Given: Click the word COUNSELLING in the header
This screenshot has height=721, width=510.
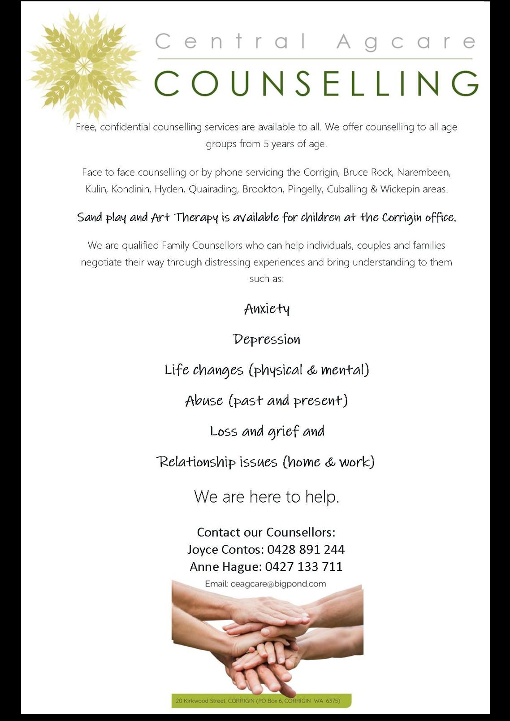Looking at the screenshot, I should coord(316,83).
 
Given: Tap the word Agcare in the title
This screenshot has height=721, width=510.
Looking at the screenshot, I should coord(406,42).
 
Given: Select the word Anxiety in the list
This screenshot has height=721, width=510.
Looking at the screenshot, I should coord(267,309).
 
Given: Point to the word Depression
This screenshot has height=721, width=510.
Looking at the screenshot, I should coord(267,339).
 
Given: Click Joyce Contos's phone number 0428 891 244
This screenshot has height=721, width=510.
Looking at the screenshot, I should coord(306,549).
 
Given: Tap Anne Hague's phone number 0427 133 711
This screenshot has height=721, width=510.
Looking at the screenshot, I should coord(304,567).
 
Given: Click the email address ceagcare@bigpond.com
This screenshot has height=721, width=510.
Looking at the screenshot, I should coord(278,584).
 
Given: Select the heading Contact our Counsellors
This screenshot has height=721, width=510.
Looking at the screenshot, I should coord(266,532).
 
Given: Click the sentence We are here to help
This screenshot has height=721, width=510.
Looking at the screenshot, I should coord(267,497).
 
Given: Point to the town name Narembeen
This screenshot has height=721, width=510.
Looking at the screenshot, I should coord(424,172).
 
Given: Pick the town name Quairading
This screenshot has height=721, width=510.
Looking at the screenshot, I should coord(213,189).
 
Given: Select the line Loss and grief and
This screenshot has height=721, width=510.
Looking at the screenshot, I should coord(267,431).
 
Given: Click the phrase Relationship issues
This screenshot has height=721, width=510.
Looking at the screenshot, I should coord(217,462).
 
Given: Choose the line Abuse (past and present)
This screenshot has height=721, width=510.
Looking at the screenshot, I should coord(267,400).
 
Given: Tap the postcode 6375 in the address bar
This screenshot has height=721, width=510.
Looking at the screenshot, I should coord(333,701).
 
